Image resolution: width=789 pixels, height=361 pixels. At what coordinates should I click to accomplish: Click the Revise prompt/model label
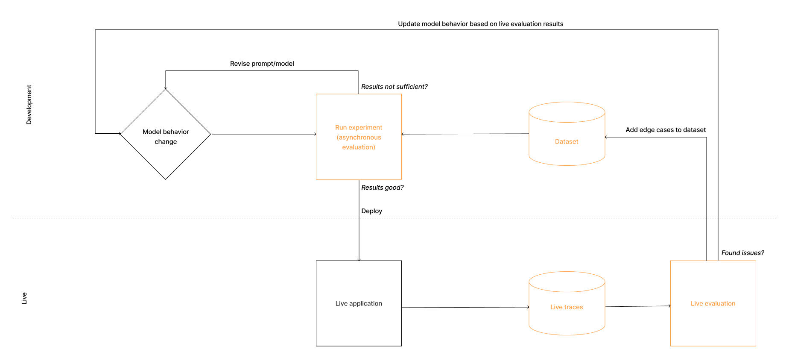[262, 64]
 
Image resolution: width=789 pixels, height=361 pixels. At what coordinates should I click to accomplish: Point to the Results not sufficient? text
[394, 87]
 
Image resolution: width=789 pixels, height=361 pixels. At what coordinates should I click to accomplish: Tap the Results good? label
[382, 188]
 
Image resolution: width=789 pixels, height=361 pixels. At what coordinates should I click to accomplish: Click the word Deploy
[371, 211]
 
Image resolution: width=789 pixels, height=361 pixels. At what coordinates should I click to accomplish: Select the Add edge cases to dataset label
[665, 130]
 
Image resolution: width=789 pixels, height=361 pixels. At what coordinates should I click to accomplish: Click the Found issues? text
[742, 253]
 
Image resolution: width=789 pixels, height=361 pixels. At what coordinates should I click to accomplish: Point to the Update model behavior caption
[480, 24]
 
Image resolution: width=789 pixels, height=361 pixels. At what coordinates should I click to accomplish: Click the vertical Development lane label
[29, 105]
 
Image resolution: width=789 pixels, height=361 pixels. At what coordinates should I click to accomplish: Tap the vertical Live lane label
[24, 298]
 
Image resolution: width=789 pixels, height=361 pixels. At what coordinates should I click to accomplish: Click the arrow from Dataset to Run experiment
[465, 134]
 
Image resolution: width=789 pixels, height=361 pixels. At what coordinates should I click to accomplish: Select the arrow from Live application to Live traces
[465, 307]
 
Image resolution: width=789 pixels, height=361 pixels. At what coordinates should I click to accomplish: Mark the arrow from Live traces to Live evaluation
[637, 306]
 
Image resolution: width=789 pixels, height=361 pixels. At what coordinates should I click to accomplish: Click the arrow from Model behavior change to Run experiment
[264, 134]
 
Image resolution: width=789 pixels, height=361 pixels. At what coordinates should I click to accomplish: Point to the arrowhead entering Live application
[359, 259]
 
